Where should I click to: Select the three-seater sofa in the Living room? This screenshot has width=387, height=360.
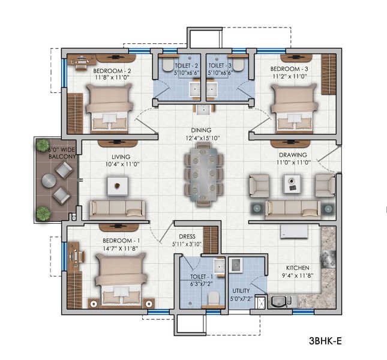point(117,209)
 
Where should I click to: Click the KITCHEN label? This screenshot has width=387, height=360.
point(297,268)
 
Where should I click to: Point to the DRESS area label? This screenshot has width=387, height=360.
point(185,236)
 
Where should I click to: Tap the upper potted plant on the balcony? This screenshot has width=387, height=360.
point(43,145)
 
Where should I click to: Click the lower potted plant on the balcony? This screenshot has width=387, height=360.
point(43,212)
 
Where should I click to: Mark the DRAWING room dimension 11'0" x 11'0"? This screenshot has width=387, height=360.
point(293,163)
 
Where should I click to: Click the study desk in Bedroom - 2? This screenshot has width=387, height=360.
point(80,61)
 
